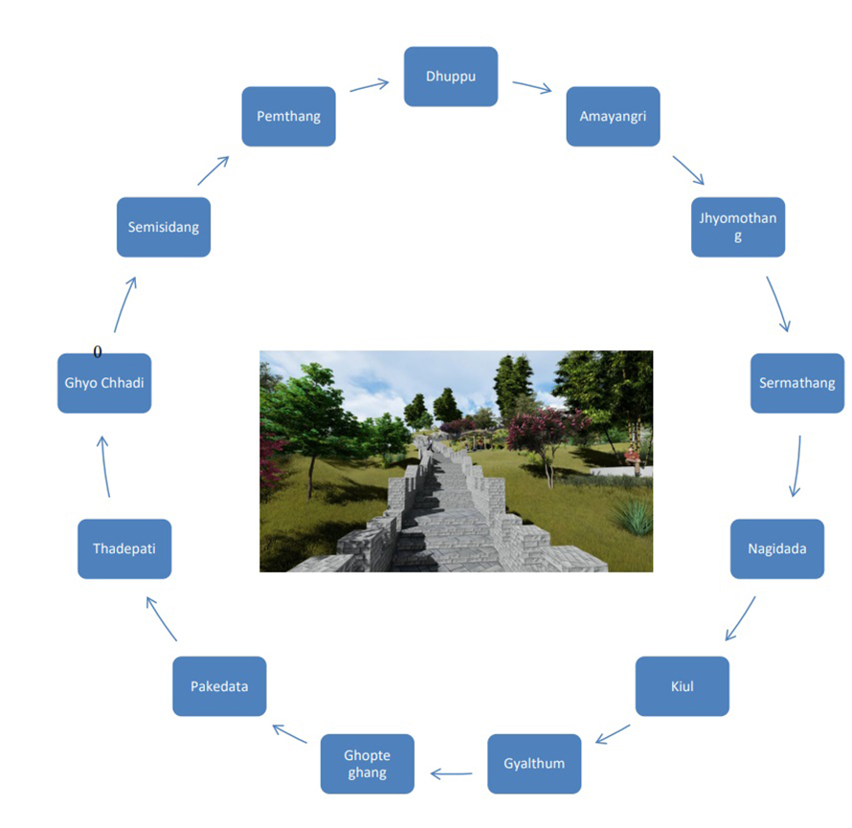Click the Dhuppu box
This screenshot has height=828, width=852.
coord(451,77)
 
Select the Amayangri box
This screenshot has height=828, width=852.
coord(613,116)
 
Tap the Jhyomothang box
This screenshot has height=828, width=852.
coord(738,227)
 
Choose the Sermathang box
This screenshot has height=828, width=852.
coord(797,384)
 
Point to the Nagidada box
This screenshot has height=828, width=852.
coord(777,548)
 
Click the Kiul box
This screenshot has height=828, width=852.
coord(682,686)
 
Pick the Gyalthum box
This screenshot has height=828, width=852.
coord(534,764)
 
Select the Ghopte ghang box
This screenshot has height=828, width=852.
coord(368,764)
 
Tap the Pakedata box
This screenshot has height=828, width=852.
coord(219,686)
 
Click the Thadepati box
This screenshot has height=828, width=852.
coord(124,548)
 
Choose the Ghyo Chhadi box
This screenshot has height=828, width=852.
coord(104,384)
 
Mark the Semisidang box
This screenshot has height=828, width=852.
coord(164,227)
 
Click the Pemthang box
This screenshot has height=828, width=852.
coord(288,116)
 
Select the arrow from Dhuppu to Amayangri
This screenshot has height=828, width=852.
coord(532,87)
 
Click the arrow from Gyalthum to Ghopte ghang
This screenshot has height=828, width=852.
coord(451,773)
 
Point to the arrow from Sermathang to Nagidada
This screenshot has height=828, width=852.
coord(797,466)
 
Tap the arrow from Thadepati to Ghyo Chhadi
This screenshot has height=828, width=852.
coord(104,466)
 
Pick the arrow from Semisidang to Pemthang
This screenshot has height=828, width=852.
coord(213,170)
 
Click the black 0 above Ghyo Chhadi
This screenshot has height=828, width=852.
coord(98,352)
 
